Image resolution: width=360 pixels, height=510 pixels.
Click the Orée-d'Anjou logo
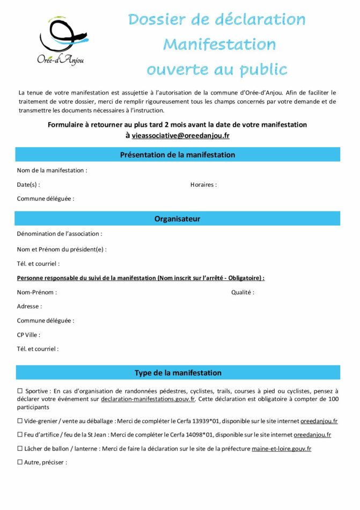click(x=63, y=41)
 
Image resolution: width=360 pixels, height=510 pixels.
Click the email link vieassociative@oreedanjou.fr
click(x=181, y=136)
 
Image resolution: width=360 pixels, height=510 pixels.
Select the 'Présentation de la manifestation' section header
click(x=178, y=155)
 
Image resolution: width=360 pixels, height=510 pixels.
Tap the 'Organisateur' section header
click(x=178, y=219)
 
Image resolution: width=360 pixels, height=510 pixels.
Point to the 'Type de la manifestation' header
click(x=178, y=373)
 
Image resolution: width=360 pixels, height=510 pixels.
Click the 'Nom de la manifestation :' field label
click(x=52, y=171)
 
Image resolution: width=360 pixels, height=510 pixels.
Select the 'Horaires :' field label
click(x=203, y=185)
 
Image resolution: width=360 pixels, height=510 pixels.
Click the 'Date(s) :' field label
click(x=28, y=185)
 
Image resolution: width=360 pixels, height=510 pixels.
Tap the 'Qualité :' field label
click(x=243, y=293)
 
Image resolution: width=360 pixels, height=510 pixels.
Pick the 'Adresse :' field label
click(x=30, y=307)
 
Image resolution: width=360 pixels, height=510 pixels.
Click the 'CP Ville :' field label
click(x=28, y=335)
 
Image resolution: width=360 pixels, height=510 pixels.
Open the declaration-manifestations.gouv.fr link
click(x=148, y=399)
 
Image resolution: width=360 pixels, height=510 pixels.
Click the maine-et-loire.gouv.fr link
click(x=282, y=449)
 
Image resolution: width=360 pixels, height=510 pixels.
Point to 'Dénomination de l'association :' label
click(x=60, y=234)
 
